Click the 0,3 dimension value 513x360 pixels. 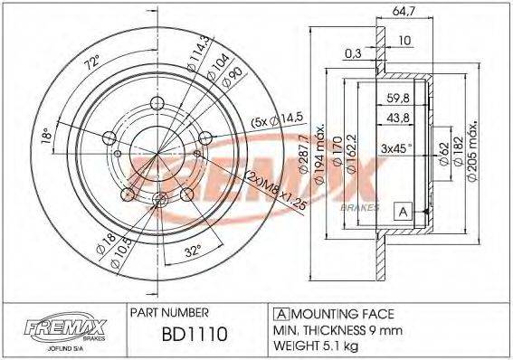click(x=353, y=53)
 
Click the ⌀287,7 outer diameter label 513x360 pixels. click(x=300, y=149)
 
